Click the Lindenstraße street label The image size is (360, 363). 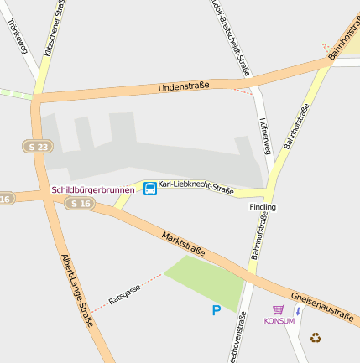[x=184, y=87]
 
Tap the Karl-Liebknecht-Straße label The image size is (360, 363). [x=196, y=186]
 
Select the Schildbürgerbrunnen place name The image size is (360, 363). [x=93, y=190]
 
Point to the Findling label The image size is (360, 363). [x=262, y=206]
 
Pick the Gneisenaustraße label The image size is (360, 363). [x=322, y=303]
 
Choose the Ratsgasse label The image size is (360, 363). [x=124, y=293]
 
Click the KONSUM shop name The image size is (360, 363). [x=279, y=321]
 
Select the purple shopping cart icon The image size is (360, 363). [x=279, y=309]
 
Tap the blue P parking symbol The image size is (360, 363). [x=216, y=311]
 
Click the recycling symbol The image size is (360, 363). [x=316, y=338]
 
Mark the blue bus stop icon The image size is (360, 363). [x=150, y=189]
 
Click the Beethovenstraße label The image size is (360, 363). [x=236, y=340]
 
